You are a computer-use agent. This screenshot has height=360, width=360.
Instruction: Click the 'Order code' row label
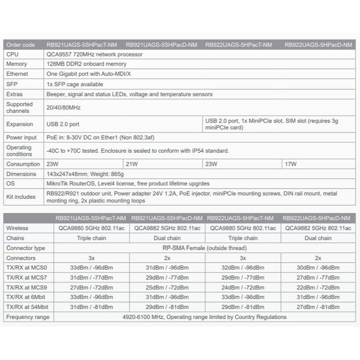(20, 45)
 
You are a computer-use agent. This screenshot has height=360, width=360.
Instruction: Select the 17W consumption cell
(291, 164)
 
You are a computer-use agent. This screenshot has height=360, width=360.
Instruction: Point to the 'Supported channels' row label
(19, 108)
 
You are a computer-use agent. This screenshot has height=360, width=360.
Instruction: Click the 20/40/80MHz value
(63, 108)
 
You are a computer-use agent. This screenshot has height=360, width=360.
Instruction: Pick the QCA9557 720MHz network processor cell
(94, 54)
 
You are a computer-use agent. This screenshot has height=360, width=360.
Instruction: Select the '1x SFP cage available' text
(75, 84)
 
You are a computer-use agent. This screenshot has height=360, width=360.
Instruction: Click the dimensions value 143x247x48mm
(85, 174)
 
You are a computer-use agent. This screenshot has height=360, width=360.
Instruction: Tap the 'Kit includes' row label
(21, 197)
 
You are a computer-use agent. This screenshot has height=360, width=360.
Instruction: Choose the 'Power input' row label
(21, 137)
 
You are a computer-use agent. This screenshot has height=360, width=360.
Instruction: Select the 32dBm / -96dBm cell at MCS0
(242, 268)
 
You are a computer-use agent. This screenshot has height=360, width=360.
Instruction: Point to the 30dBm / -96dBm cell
(318, 268)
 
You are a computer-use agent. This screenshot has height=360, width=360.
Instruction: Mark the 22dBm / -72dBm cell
(318, 287)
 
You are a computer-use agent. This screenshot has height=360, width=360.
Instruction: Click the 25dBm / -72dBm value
(167, 287)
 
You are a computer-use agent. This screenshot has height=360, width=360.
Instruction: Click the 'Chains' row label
(15, 238)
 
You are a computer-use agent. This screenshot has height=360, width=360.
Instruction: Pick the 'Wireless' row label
(17, 228)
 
